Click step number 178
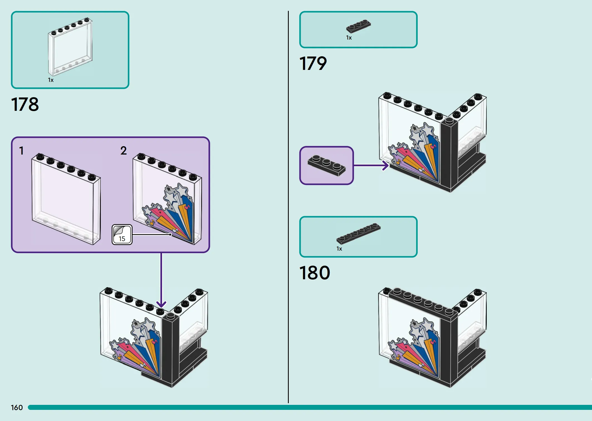pyautogui.click(x=25, y=104)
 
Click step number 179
pyautogui.click(x=313, y=63)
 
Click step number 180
pyautogui.click(x=315, y=273)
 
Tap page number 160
pyautogui.click(x=17, y=407)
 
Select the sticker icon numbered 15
pyautogui.click(x=122, y=234)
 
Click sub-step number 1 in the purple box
pyautogui.click(x=21, y=151)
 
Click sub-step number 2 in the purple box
pyautogui.click(x=123, y=151)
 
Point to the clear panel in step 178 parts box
pyautogui.click(x=70, y=47)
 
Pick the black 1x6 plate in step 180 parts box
pyautogui.click(x=358, y=233)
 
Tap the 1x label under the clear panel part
pyautogui.click(x=51, y=80)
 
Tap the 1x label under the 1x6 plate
pyautogui.click(x=339, y=249)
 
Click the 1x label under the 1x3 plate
pyautogui.click(x=349, y=38)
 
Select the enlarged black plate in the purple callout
pyautogui.click(x=327, y=165)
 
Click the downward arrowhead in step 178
pyautogui.click(x=161, y=304)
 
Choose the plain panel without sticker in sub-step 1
pyautogui.click(x=66, y=199)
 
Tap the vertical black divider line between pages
pyautogui.click(x=288, y=207)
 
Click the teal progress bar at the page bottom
pyautogui.click(x=310, y=407)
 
